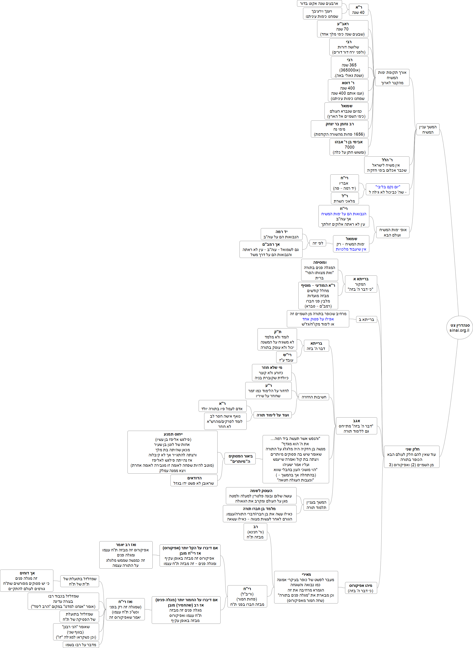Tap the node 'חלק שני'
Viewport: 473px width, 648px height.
click(x=411, y=457)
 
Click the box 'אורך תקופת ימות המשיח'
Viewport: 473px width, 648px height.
click(x=392, y=78)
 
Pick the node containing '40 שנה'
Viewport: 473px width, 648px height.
click(x=358, y=10)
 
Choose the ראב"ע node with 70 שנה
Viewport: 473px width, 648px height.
click(x=343, y=29)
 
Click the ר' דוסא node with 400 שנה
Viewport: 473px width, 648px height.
click(x=348, y=90)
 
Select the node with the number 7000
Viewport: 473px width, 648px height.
click(x=349, y=147)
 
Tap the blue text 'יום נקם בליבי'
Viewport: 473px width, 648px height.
click(x=388, y=187)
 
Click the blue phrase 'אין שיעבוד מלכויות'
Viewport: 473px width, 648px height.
click(x=351, y=249)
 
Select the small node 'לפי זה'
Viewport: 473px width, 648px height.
click(x=318, y=243)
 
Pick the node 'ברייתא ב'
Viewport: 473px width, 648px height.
click(x=366, y=320)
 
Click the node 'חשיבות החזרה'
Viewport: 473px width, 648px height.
click(x=314, y=397)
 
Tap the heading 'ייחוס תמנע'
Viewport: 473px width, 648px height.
click(x=173, y=434)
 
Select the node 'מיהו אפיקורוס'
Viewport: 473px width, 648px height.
click(x=361, y=585)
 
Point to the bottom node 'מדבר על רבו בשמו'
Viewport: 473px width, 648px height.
click(x=81, y=645)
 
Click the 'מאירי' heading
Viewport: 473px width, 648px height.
click(x=306, y=574)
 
